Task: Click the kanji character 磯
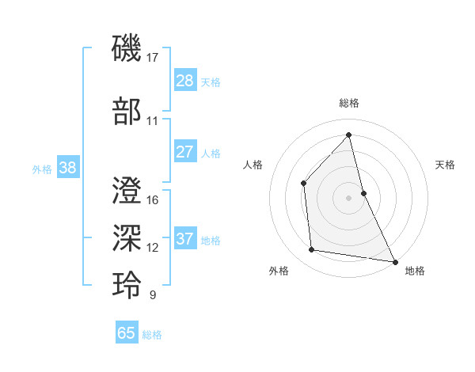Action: point(127,48)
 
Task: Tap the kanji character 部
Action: point(127,111)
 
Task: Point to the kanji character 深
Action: point(127,237)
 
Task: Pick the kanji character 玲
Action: point(127,285)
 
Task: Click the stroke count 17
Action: point(154,58)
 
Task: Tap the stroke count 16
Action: point(153,200)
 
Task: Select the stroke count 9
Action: point(153,295)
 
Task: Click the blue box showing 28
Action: point(184,81)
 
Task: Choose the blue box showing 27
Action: point(184,152)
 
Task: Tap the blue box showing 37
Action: point(184,239)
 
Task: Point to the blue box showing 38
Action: point(67,169)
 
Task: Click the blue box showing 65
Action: point(126,333)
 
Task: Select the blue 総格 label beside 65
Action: point(152,335)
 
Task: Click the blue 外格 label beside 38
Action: point(42,169)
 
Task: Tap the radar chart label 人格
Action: point(253,165)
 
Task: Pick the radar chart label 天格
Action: point(445,165)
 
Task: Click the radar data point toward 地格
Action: point(394,260)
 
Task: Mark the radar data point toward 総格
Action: point(349,135)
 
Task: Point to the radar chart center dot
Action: point(349,197)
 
